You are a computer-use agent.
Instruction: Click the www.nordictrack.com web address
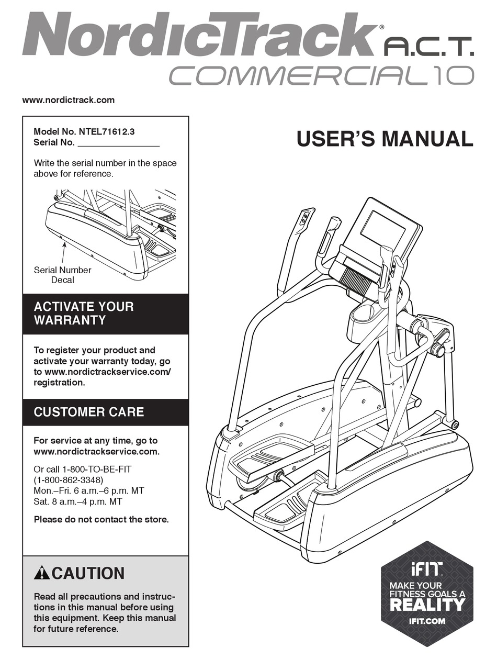(69, 99)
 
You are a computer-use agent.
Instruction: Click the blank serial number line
(118, 143)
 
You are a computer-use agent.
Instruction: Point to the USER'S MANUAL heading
(385, 139)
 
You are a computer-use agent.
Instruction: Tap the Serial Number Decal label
(62, 275)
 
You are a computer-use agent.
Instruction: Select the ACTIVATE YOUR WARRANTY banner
(105, 314)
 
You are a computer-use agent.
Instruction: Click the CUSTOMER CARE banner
(105, 412)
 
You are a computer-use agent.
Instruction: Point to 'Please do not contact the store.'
(101, 519)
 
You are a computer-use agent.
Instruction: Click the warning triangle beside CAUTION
(42, 573)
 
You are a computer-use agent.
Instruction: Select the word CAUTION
(88, 573)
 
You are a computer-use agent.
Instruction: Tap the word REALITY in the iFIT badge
(426, 604)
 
